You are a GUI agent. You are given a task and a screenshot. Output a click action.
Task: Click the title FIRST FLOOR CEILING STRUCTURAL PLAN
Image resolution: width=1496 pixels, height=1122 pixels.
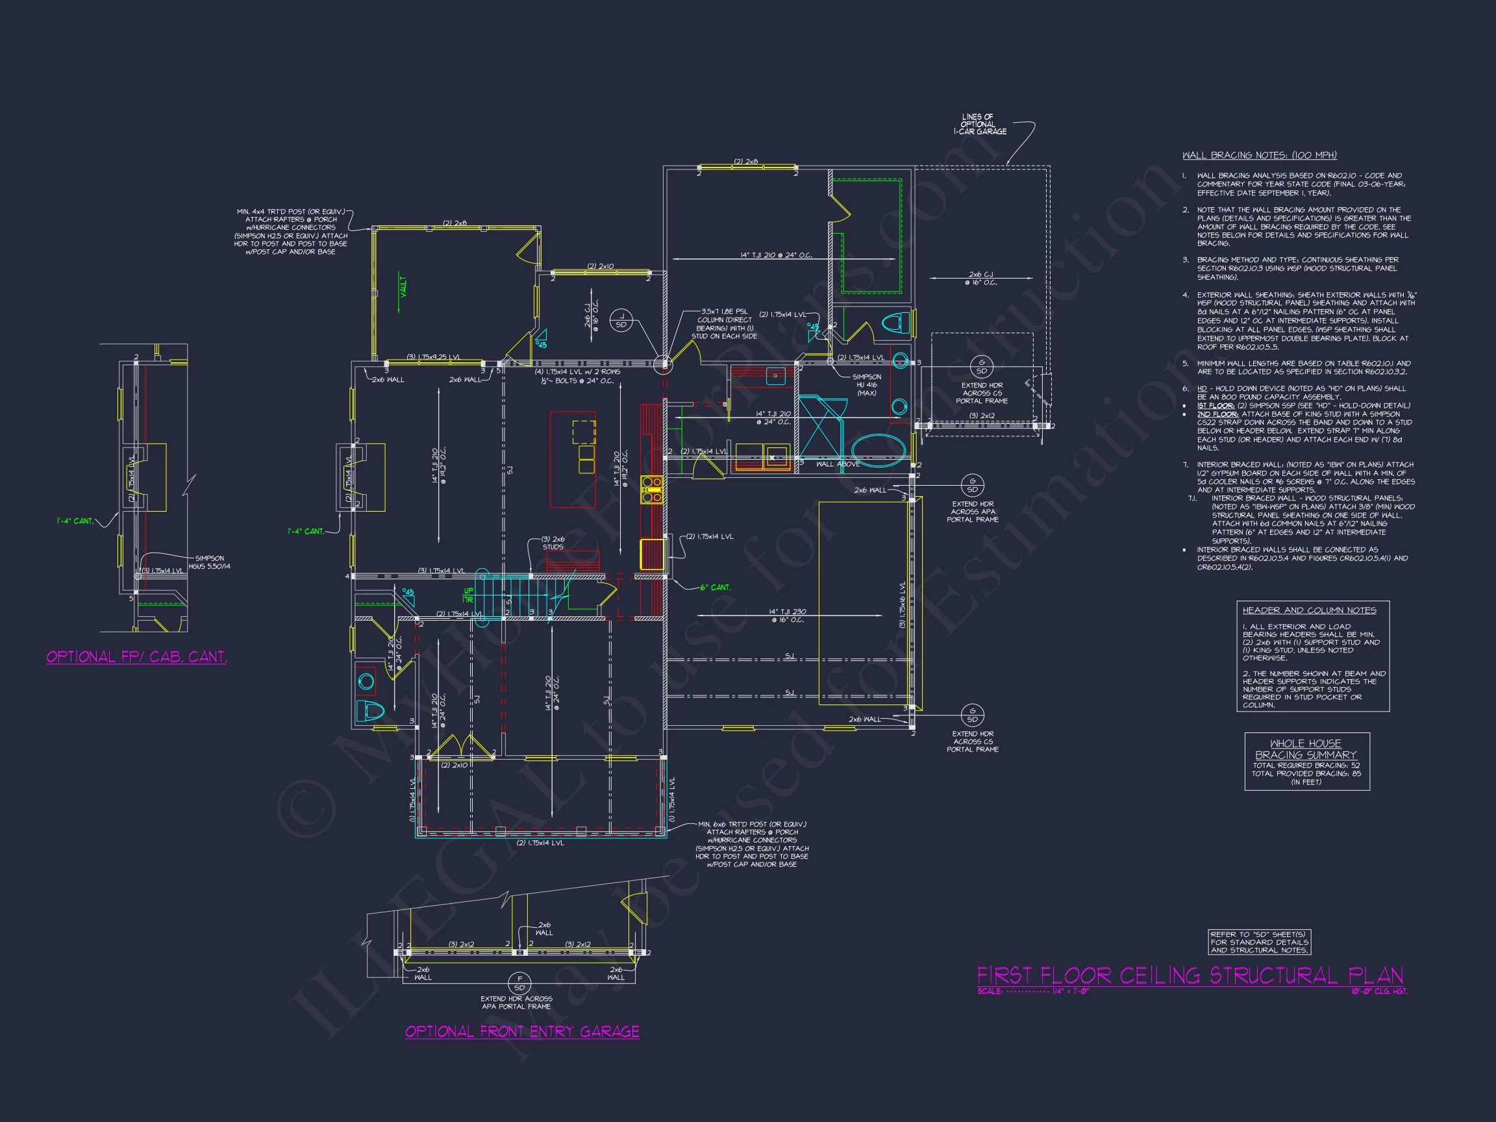point(1190,975)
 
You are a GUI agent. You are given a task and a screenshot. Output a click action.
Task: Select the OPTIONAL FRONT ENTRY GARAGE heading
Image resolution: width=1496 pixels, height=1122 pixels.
point(522,1031)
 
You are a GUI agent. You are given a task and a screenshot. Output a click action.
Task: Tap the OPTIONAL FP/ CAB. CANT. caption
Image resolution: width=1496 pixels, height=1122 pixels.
point(136,656)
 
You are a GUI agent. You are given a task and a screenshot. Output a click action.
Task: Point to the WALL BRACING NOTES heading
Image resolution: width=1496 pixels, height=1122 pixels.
point(1259,156)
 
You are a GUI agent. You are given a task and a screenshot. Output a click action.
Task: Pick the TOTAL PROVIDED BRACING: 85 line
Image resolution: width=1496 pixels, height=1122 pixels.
point(1306,774)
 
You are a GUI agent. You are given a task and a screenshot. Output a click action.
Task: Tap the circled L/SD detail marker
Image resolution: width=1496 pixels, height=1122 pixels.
point(621,321)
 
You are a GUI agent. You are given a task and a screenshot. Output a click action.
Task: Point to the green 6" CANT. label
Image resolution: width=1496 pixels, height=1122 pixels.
point(715,587)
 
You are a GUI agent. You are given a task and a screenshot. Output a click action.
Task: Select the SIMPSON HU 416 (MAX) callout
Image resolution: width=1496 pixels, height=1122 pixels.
point(866,385)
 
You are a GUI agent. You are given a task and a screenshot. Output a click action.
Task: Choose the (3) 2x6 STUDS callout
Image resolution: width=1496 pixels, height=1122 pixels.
point(553,542)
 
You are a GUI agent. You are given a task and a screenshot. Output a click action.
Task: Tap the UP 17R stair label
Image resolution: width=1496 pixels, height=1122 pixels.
point(468,595)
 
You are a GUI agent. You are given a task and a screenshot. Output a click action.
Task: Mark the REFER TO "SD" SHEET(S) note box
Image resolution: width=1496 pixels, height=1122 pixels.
point(1259,942)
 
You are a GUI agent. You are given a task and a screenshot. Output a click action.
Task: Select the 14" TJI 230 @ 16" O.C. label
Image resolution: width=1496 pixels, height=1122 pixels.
point(787,616)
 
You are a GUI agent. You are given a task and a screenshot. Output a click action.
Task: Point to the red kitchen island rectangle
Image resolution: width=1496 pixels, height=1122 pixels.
point(573,459)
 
